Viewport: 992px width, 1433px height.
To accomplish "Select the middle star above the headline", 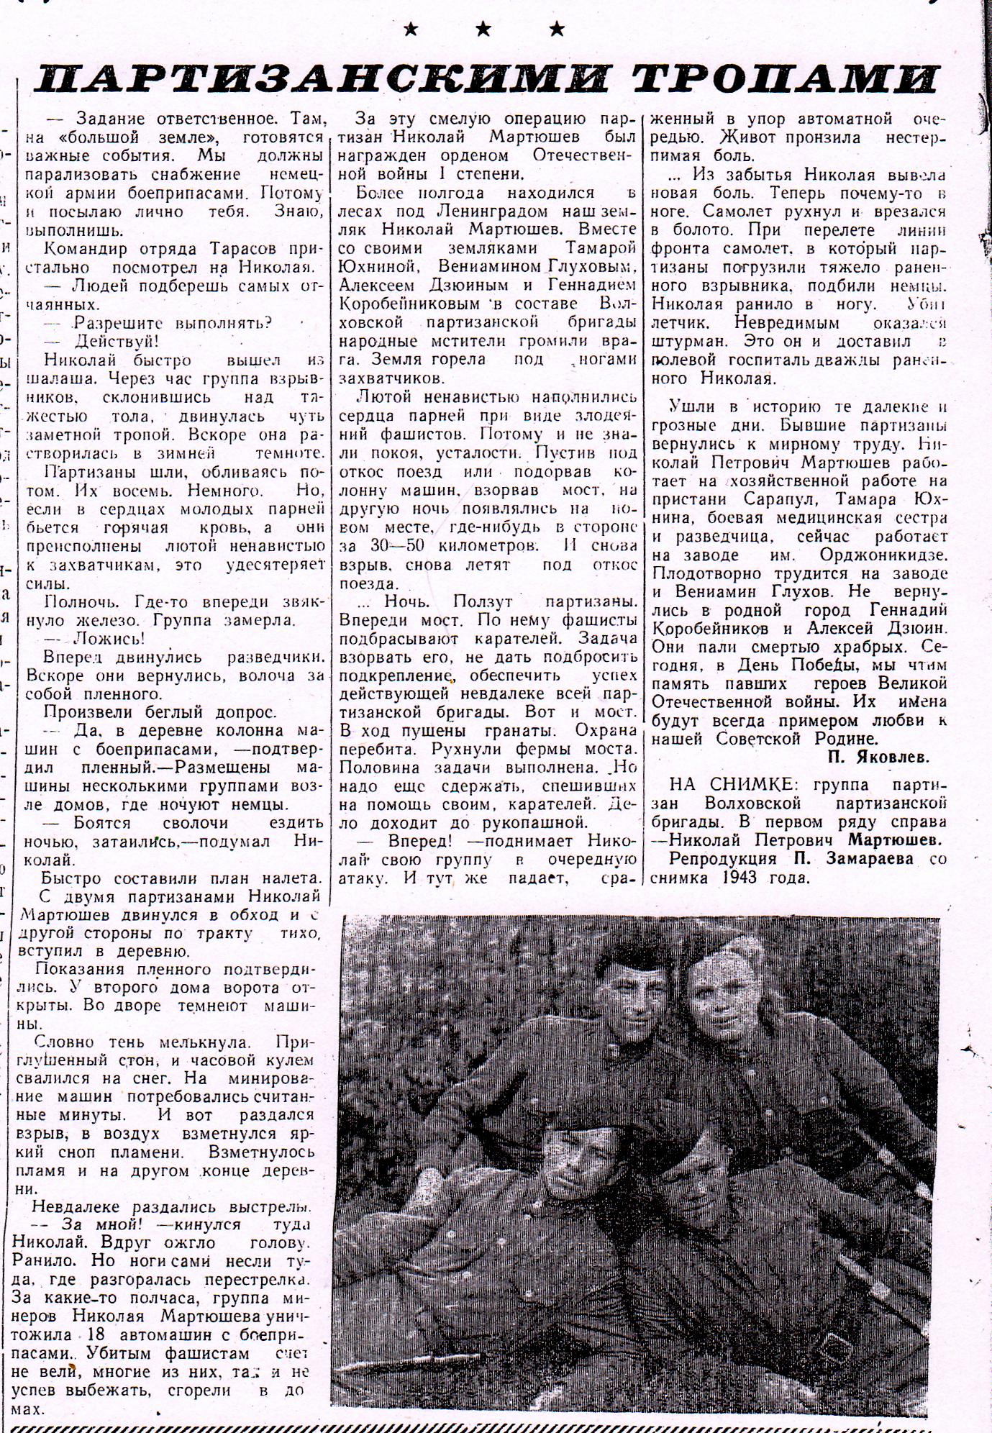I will (483, 29).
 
